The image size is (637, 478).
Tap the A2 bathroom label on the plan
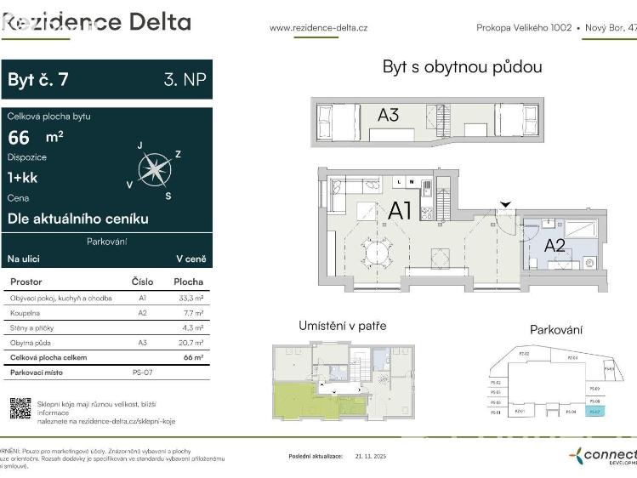pos(555,246)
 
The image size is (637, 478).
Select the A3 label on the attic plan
pos(388,115)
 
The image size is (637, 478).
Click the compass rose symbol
pos(155,169)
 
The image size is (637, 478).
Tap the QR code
pos(20,409)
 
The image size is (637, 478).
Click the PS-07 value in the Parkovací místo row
pos(142,373)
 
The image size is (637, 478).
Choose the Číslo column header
pos(142,282)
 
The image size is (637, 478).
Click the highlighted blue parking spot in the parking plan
pos(594,413)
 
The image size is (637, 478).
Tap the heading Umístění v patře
pos(342,326)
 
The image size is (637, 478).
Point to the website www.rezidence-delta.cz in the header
pos(318,28)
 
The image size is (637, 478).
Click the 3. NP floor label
pos(185,80)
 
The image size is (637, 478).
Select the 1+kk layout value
pos(23,178)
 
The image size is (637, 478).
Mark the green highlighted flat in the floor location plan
pos(298,401)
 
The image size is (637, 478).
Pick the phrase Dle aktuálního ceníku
pos(77,219)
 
